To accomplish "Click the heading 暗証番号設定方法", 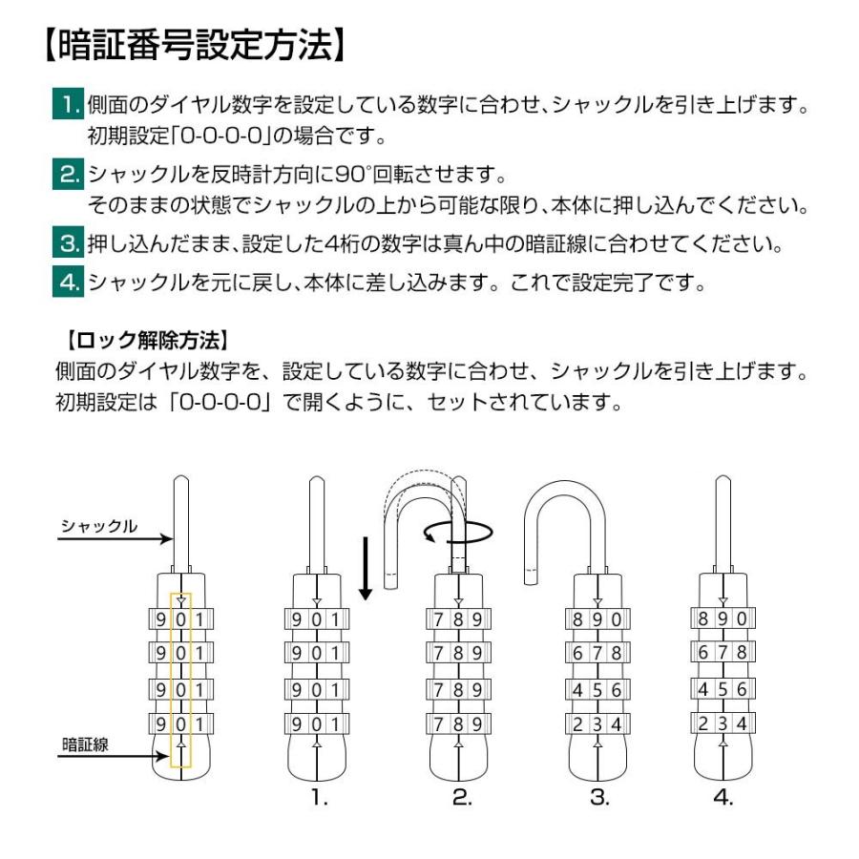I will pos(192,46).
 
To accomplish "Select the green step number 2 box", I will pos(68,176).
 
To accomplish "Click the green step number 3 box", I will pos(68,244).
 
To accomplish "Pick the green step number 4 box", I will pos(68,283).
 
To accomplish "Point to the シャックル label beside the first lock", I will pos(99,526).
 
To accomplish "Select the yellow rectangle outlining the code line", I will pos(180,680).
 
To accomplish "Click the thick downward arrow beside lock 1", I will pos(364,568).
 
